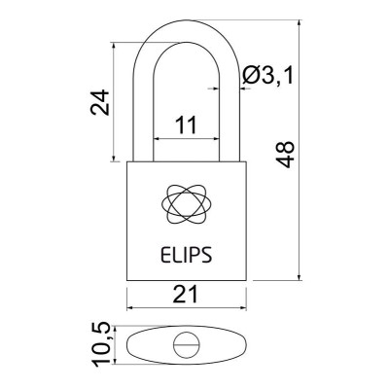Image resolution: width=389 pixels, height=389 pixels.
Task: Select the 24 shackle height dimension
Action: coord(99,101)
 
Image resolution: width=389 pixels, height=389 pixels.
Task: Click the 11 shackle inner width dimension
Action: coord(185,124)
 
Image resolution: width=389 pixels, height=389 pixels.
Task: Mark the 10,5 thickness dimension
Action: coord(99,345)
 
